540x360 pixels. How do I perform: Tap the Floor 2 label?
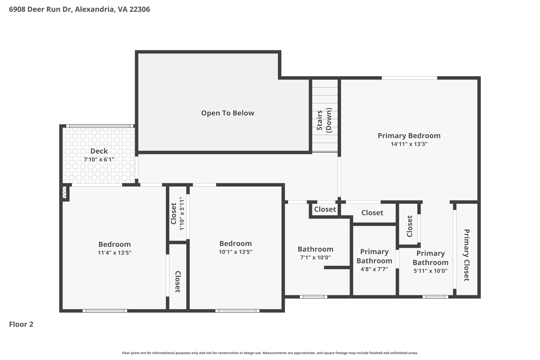coord(21,324)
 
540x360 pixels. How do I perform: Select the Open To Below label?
coord(228,113)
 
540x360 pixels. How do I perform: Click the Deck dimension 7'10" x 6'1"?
coord(99,160)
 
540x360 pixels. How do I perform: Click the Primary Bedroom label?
coord(409,136)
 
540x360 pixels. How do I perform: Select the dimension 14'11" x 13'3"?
coord(409,144)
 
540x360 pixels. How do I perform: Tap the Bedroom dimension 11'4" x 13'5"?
coord(114,253)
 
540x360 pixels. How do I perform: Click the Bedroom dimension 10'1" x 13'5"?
coord(235,252)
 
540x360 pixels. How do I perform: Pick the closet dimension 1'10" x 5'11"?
coord(182,214)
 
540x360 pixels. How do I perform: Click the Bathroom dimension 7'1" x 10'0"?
coord(315,258)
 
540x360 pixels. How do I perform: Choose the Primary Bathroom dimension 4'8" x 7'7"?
coord(374,269)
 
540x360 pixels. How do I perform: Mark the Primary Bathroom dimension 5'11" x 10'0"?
coord(431,271)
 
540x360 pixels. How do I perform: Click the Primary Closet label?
coord(466,255)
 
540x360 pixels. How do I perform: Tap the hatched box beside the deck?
coord(64,192)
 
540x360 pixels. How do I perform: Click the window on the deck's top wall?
coord(98,126)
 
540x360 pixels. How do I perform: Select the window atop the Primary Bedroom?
coord(409,78)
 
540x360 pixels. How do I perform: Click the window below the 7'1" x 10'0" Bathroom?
coord(313,297)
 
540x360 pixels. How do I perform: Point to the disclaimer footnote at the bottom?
coord(270,353)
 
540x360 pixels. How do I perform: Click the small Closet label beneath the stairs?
coord(325,209)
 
